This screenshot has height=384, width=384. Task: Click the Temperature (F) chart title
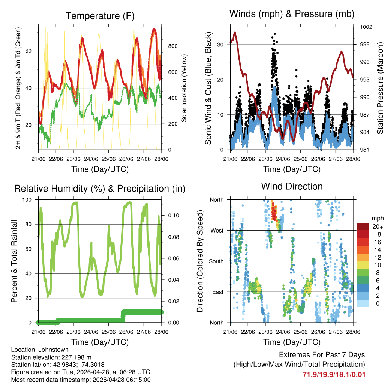click(x=100, y=16)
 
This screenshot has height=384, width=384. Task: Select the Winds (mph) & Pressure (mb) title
click(x=292, y=14)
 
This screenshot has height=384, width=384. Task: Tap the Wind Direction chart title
click(x=292, y=186)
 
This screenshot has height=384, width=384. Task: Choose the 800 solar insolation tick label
click(x=172, y=46)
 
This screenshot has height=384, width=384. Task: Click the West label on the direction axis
click(x=216, y=230)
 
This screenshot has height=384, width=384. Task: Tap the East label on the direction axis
click(x=217, y=292)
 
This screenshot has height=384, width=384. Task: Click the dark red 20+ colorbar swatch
click(x=363, y=226)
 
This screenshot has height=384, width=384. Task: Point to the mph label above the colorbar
click(x=377, y=218)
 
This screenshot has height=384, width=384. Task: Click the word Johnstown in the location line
click(x=52, y=349)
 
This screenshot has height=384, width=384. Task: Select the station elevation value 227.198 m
click(x=73, y=357)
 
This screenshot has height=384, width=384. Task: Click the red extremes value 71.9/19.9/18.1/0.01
click(x=334, y=374)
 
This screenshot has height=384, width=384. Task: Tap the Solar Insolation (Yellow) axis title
click(x=184, y=88)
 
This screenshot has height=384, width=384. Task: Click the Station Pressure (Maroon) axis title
click(x=380, y=88)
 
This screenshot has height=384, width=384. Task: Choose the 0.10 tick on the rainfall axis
click(x=173, y=216)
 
